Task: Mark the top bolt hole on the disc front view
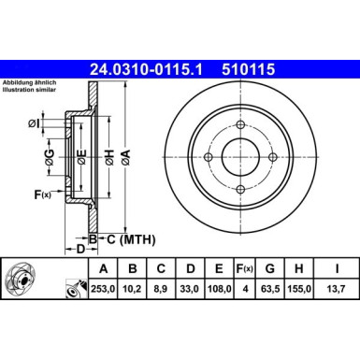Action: (239, 126)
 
